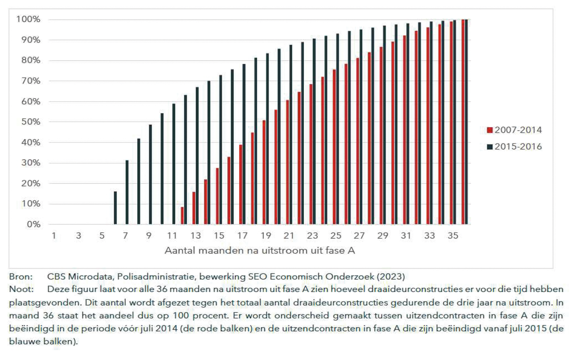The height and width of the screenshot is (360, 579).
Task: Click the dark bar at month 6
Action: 115,208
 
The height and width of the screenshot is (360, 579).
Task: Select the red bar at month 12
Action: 182,215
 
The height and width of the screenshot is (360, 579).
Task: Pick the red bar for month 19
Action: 264,172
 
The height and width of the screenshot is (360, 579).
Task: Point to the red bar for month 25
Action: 334,147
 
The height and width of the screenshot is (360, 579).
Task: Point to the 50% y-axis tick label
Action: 29,122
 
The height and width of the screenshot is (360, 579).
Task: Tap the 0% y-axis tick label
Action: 32,224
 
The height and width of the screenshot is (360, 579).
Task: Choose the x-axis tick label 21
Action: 288,236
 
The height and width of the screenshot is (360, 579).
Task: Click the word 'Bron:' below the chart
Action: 18,276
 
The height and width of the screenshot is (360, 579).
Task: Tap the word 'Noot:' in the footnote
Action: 19,289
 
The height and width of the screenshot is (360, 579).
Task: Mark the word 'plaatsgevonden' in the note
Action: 39,302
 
